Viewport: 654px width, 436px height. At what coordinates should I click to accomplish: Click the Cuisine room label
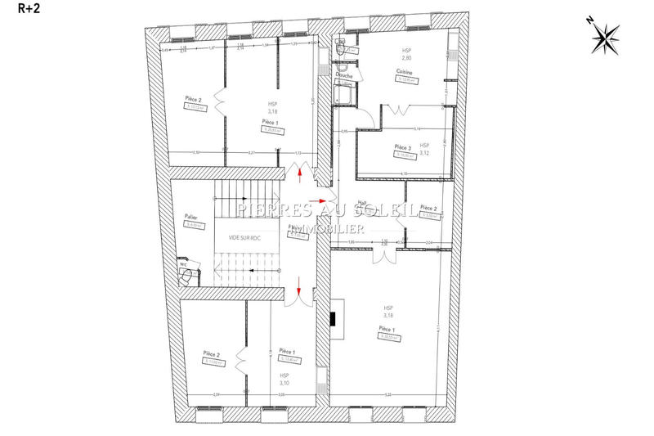[x=404, y=72]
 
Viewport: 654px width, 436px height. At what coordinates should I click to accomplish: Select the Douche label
[x=344, y=75]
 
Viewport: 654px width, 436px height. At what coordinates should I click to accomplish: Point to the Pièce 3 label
[x=404, y=147]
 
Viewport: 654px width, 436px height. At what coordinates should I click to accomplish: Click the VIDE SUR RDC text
[x=244, y=237]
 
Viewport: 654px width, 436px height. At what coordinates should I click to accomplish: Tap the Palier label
[x=191, y=217]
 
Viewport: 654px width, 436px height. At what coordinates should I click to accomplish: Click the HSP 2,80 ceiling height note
[x=405, y=54]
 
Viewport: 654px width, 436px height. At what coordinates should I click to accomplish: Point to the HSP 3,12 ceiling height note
[x=425, y=149]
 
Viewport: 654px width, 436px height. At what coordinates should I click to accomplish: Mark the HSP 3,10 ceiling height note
[x=284, y=379]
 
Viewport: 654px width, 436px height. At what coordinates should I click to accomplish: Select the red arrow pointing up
[x=301, y=173]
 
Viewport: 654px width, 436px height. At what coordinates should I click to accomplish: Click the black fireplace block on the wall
[x=336, y=320]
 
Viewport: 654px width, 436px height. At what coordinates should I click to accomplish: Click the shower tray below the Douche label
[x=344, y=96]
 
